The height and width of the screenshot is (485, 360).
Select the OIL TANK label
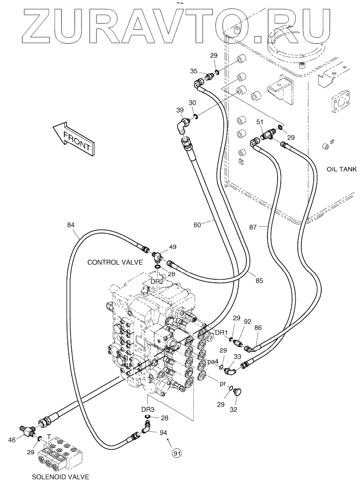point(341,169)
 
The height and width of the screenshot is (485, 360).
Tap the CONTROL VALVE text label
point(115,262)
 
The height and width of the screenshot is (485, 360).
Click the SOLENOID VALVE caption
point(61,477)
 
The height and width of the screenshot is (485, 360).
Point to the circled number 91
point(177,453)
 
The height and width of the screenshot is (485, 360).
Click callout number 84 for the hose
point(71,225)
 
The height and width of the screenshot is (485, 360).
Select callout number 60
point(197,225)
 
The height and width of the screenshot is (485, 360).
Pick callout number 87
point(253,227)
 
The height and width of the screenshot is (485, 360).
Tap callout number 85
point(259,281)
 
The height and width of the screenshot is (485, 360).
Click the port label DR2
point(157,281)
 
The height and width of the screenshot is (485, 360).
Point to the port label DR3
point(148,410)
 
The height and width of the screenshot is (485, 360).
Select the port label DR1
point(222,333)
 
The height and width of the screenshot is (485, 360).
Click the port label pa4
point(213,361)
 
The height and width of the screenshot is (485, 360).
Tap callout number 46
point(12,439)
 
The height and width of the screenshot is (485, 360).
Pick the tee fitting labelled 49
point(158,255)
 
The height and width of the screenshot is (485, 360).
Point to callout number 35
point(193,71)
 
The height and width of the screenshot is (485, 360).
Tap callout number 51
point(260,122)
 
